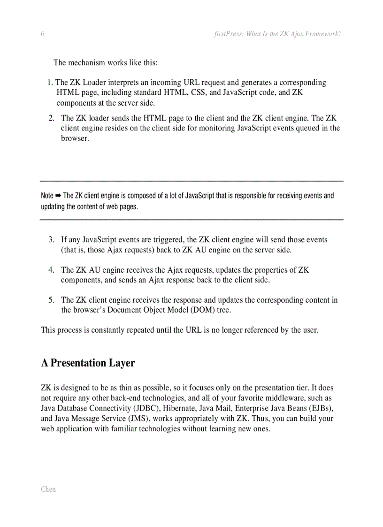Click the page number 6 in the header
pos(43,34)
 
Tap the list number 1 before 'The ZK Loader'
pos(50,83)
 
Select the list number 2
pos(51,118)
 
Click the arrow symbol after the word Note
pos(58,196)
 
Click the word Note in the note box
pos(47,196)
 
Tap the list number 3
pos(51,240)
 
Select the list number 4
pos(51,270)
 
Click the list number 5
pos(51,300)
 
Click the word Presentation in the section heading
pos(78,363)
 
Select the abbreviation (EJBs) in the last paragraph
pos(320,408)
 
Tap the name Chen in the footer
pos(48,489)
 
